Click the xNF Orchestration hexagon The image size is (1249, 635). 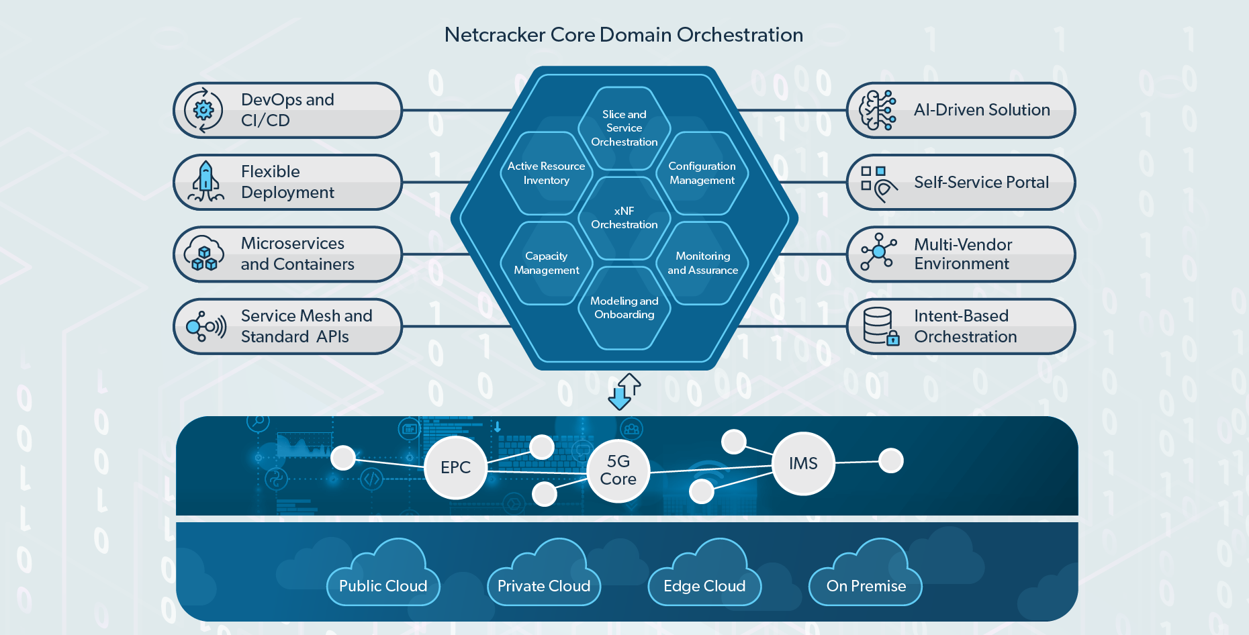coord(624,217)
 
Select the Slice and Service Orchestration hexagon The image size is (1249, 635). coord(624,128)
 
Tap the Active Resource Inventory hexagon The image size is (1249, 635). coord(546,173)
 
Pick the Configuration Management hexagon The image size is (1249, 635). coord(702,173)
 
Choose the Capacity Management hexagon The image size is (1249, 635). coord(546,263)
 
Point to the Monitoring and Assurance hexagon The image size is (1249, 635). coord(702,263)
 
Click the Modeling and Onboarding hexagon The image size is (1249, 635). coord(624,308)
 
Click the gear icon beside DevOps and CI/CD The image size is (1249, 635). coord(203,110)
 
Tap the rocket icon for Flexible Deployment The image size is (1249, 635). coord(205,182)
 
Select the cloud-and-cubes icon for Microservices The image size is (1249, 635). coord(204,254)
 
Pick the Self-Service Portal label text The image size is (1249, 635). coord(981,182)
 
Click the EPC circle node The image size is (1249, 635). coord(455,467)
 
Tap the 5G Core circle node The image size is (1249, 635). coord(618,471)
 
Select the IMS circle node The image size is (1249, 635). coord(803,463)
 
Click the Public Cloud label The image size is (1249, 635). coord(383,586)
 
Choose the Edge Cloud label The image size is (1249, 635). coord(704,586)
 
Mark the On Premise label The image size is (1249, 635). coord(866,586)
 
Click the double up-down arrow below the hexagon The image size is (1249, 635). coord(624,391)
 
